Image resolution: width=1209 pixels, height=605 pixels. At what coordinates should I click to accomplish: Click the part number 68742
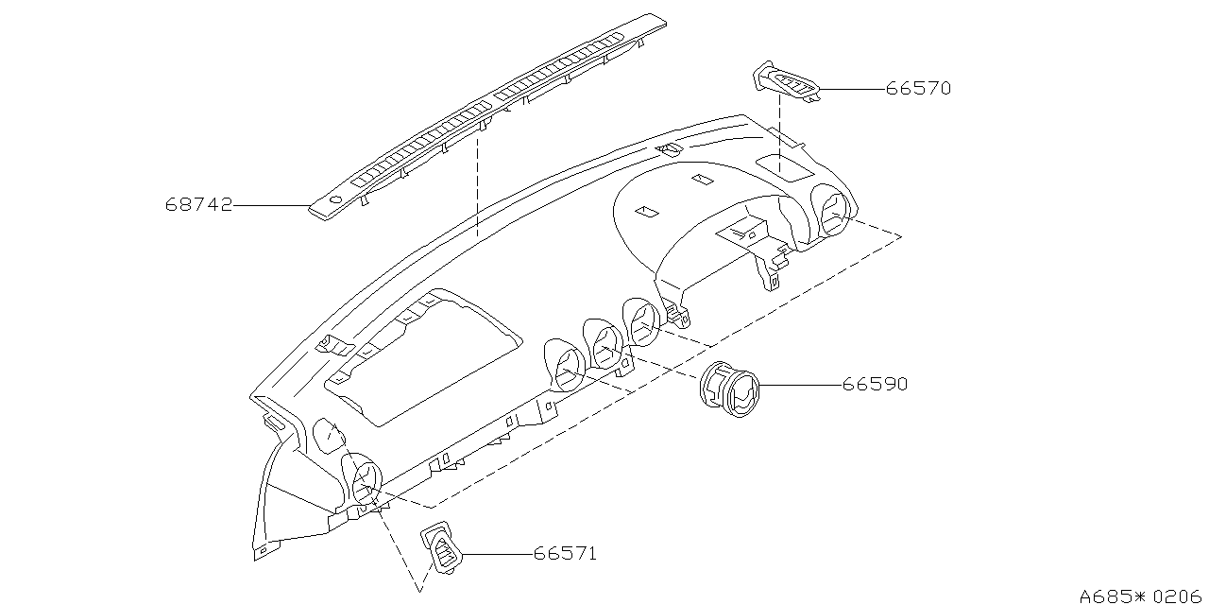point(199,205)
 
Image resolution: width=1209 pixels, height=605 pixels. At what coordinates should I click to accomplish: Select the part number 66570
point(917,89)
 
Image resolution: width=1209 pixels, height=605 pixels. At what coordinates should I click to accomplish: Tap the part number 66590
point(875,385)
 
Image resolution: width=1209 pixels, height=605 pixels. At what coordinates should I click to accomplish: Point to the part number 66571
point(564,554)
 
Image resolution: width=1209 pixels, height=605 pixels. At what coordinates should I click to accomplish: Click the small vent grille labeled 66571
point(442,548)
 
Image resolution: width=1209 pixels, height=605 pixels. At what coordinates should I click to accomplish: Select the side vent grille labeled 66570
point(786,82)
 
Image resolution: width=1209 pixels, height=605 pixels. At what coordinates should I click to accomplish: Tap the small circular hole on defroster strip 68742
point(334,199)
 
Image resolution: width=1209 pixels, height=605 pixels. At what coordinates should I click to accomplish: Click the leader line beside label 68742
point(272,205)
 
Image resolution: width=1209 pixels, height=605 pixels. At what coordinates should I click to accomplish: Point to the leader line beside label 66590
point(799,385)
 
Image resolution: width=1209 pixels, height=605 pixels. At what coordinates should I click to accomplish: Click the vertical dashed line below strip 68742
point(478,184)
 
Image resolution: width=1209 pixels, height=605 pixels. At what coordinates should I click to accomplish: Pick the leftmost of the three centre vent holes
point(569,368)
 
